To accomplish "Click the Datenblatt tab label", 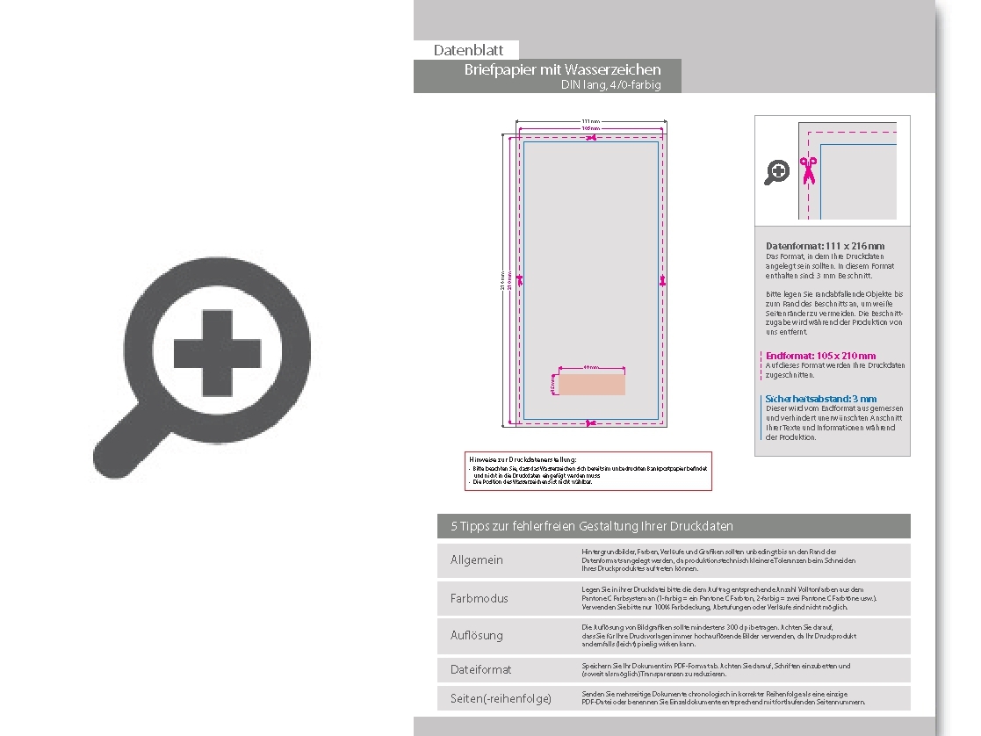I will (x=468, y=51).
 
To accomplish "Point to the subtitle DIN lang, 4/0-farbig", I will (x=610, y=85).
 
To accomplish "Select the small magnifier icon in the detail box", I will (x=776, y=172).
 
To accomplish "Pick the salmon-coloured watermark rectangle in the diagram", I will (x=592, y=385).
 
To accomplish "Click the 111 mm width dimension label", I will (x=590, y=121).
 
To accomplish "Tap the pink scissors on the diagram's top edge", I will (x=591, y=137).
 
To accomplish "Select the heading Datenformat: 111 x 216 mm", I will (x=825, y=246).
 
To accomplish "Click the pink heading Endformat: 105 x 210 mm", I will (x=820, y=356).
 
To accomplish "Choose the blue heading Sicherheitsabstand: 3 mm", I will (x=820, y=399).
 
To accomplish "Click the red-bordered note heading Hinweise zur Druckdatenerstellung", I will (x=523, y=458).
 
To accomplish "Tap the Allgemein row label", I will (x=477, y=560).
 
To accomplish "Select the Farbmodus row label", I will (x=479, y=598).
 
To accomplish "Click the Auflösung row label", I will (x=476, y=635).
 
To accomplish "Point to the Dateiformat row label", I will (x=480, y=669).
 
